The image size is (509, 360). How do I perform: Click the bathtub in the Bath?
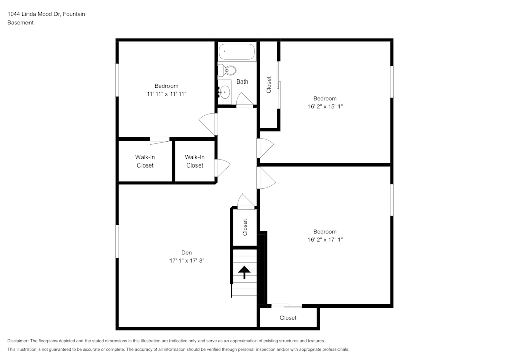coord(237,52)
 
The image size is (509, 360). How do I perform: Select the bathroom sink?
coord(224,92)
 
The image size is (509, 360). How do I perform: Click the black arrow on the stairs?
coord(245,272)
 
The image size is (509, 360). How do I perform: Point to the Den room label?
coord(187,252)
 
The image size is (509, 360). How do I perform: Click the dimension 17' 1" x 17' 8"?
coord(187,260)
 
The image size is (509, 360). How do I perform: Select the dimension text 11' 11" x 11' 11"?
coord(166,94)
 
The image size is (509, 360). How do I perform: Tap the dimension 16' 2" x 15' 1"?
coord(325,107)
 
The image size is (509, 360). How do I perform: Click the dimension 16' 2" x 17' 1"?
coord(325,240)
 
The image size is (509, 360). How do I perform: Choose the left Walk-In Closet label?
coord(145,161)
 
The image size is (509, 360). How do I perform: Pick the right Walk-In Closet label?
coord(194,161)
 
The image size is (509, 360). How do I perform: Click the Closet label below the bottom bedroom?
coord(288,318)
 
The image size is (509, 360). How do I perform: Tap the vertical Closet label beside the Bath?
coord(269,85)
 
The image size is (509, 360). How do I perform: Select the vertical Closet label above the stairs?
coord(245,227)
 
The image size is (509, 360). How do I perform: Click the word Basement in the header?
coord(20,23)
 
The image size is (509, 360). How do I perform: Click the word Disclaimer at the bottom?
coord(18,341)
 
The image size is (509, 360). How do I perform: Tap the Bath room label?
coord(242,81)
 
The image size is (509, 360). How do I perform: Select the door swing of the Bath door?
coord(244,100)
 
